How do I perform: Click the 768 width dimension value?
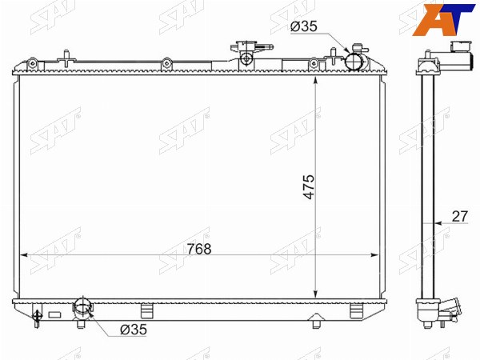(199, 249)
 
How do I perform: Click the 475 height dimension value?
(309, 187)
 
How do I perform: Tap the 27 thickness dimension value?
(460, 217)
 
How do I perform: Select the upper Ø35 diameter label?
(304, 26)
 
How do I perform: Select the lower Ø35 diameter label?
(134, 330)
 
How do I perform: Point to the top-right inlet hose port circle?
(354, 62)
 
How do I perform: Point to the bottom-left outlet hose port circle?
(82, 306)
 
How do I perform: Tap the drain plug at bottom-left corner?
(37, 318)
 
